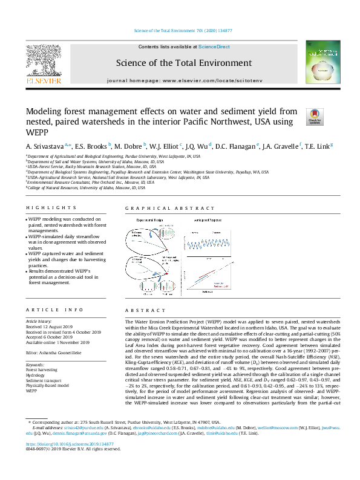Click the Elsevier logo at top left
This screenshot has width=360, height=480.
click(43, 64)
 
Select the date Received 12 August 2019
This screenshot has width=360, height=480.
click(50, 326)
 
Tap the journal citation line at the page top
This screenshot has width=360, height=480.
click(180, 30)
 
